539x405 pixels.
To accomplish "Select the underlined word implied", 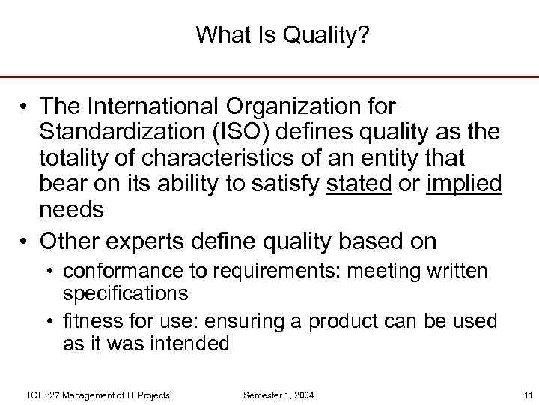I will [x=463, y=184].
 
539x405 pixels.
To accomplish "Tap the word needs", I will [x=72, y=211].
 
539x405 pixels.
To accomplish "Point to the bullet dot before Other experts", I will [x=24, y=242].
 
